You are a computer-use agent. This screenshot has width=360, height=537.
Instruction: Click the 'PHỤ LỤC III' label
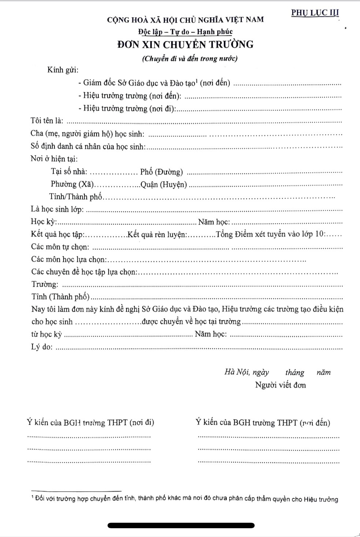click(315, 13)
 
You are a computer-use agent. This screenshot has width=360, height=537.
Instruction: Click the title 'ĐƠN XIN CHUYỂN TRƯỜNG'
click(185, 45)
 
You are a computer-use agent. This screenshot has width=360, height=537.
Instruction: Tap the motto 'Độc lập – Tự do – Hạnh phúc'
click(185, 32)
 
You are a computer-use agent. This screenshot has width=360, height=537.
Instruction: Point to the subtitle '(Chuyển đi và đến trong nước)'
click(190, 58)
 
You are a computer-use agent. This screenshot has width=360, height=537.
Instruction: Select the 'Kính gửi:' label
click(63, 70)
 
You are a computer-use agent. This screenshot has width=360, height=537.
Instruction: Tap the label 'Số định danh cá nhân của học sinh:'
click(88, 147)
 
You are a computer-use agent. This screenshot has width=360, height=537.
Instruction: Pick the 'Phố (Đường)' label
click(161, 172)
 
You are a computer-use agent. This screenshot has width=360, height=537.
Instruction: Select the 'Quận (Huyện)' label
click(164, 184)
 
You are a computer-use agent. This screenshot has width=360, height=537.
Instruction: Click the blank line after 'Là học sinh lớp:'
click(214, 210)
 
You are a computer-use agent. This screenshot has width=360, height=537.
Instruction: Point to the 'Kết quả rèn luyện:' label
click(157, 234)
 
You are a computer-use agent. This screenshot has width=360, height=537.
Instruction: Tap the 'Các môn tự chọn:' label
click(60, 247)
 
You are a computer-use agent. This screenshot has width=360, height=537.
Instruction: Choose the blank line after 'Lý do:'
click(199, 348)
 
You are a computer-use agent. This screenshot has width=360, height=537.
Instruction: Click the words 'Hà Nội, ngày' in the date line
click(247, 372)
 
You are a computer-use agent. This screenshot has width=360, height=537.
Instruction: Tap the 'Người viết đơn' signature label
click(281, 385)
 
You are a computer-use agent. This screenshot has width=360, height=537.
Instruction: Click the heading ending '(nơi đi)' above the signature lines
click(91, 423)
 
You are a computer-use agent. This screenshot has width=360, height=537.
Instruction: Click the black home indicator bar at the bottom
click(181, 525)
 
